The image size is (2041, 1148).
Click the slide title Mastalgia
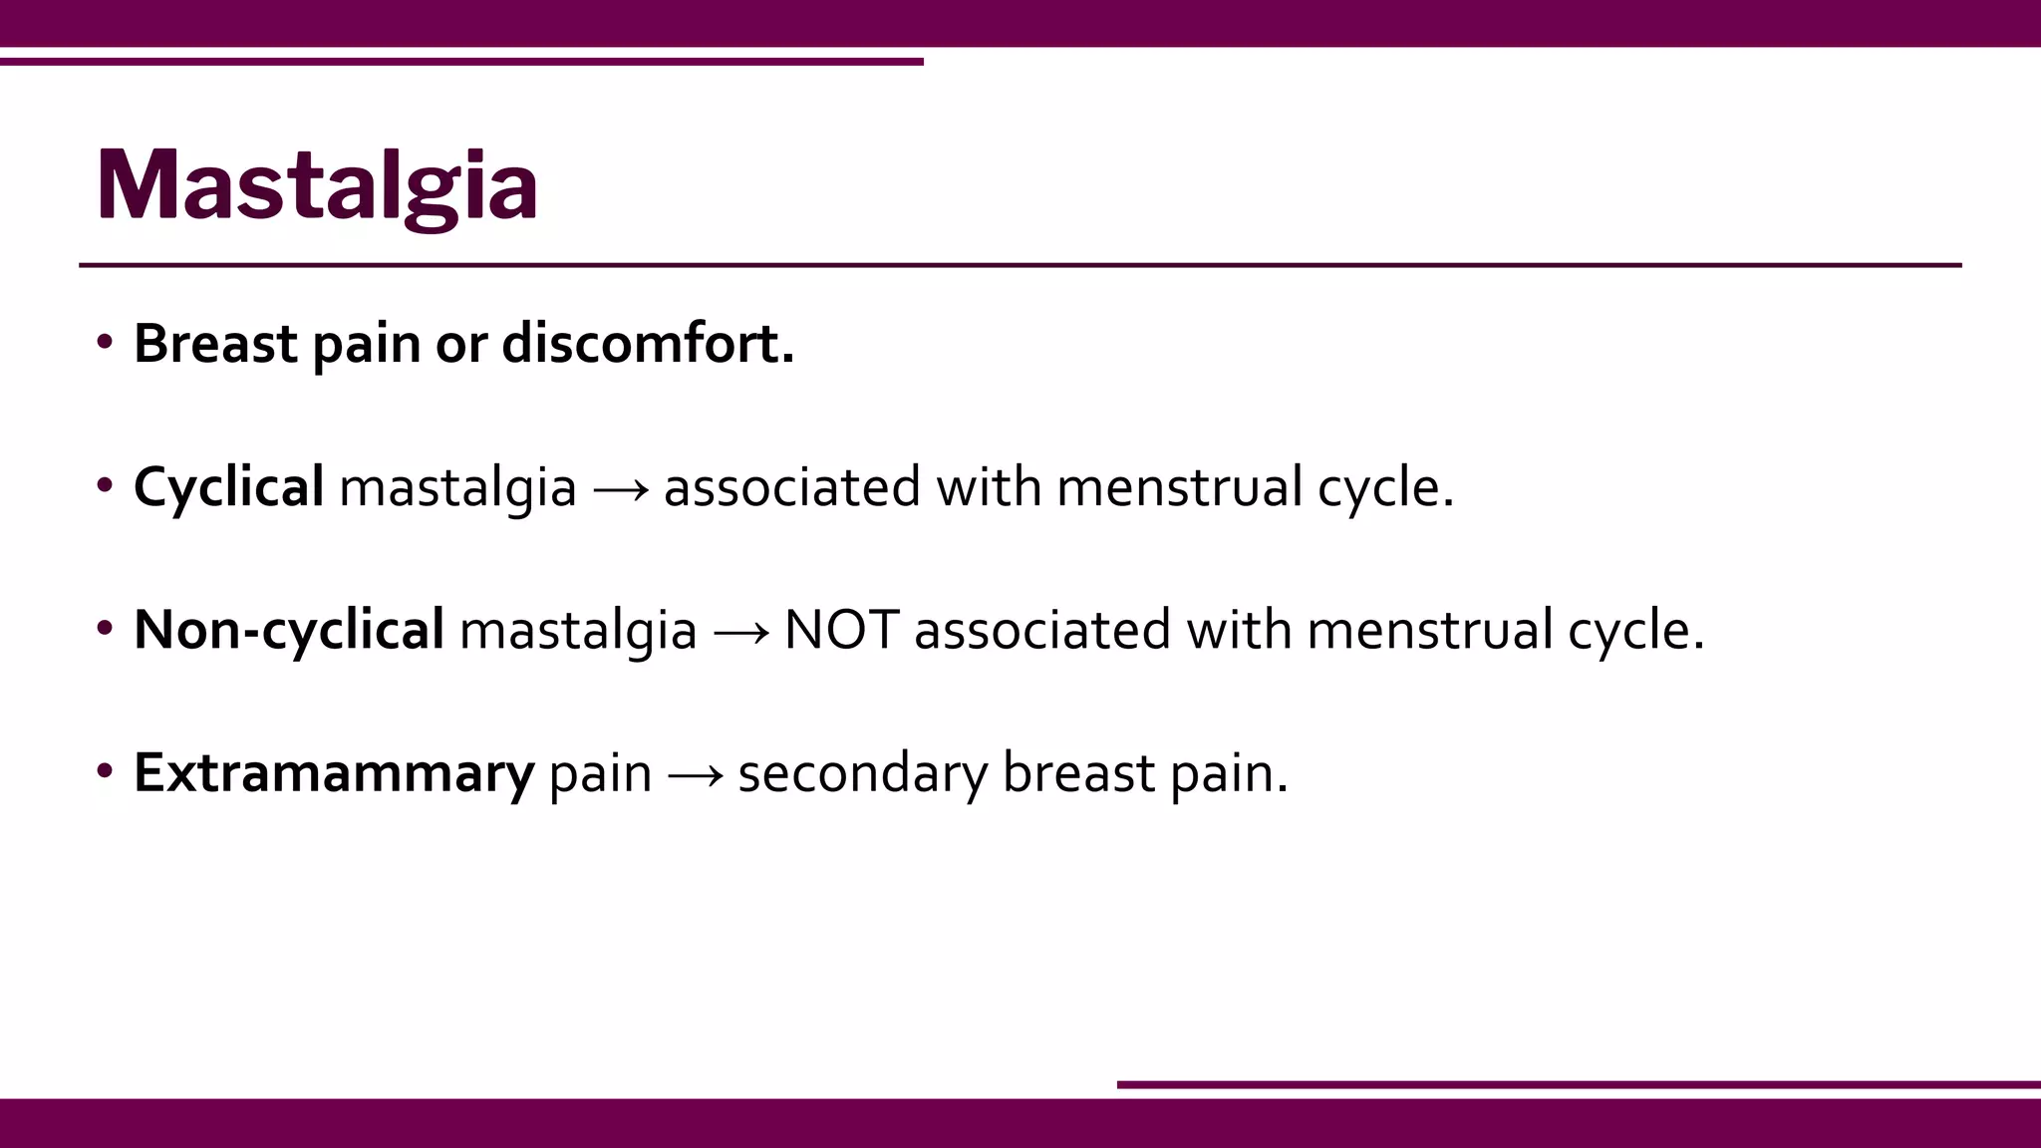[x=317, y=185]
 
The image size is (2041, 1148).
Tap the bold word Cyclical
[x=228, y=487]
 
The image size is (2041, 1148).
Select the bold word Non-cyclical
[x=289, y=630]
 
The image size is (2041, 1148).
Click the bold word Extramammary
[x=334, y=773]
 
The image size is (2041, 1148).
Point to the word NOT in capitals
[x=841, y=630]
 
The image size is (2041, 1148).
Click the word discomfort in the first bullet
[x=647, y=344]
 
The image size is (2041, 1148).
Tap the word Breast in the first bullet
[x=215, y=344]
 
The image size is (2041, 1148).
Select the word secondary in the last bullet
[x=862, y=773]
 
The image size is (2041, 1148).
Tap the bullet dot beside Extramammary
[x=105, y=772]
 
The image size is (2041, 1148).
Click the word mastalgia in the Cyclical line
[x=457, y=487]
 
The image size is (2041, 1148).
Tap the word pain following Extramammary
[x=600, y=773]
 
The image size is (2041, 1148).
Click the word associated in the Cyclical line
[x=791, y=487]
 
